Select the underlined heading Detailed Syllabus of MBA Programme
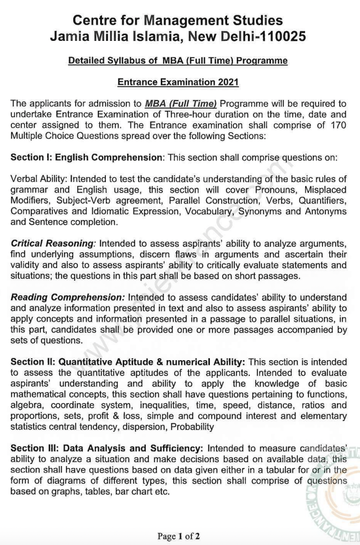coord(178,61)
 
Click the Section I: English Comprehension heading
coord(86,157)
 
